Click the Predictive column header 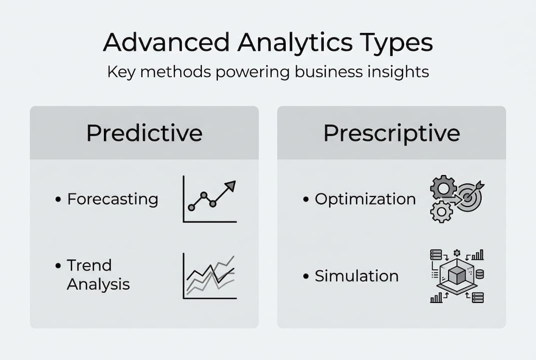pos(144,133)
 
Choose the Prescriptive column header pos(391,133)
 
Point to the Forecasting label pos(113,199)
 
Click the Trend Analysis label pos(98,274)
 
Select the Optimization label pos(365,199)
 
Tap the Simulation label pos(357,275)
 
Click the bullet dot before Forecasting pos(58,200)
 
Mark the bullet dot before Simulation pos(306,276)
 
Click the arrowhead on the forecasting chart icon pos(230,186)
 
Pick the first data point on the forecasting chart pos(191,207)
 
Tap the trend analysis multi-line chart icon pos(210,276)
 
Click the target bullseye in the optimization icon pos(469,197)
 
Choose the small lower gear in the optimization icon pos(441,212)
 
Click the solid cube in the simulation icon pos(457,275)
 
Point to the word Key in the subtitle pos(118,71)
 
